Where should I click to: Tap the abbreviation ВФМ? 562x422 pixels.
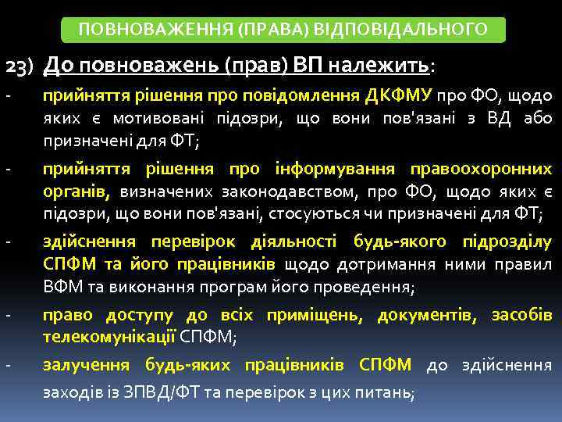(59, 288)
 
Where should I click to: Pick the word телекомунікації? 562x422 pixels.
(109, 338)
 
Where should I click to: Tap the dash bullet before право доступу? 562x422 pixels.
(7, 316)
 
